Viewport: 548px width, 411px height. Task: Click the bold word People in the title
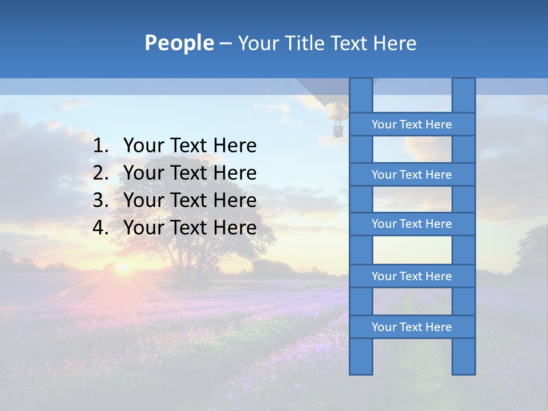[179, 43]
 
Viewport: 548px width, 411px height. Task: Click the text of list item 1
[190, 146]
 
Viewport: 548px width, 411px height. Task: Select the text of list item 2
[190, 174]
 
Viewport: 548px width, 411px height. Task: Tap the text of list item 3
[190, 201]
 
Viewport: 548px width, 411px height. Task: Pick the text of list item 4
[190, 228]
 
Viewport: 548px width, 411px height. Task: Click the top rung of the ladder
[412, 124]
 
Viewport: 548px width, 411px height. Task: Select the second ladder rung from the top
[412, 175]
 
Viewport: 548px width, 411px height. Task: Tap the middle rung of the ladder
[412, 224]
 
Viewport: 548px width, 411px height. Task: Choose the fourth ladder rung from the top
[412, 276]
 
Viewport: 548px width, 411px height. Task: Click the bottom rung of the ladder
[412, 327]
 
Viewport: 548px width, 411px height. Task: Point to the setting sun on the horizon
[122, 267]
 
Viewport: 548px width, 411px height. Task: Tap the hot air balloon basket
[338, 132]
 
